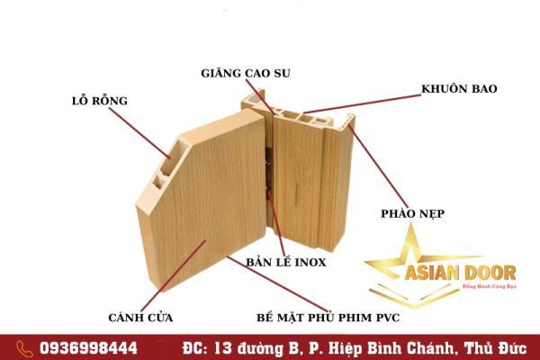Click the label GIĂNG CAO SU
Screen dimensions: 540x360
click(x=246, y=74)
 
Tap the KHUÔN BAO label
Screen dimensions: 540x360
click(x=459, y=89)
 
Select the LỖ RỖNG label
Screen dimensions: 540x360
click(x=100, y=101)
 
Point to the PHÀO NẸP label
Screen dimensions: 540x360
click(x=412, y=213)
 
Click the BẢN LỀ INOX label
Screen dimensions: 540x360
click(x=286, y=262)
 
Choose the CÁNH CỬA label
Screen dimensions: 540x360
click(x=140, y=318)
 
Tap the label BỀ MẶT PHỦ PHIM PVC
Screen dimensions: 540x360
click(x=328, y=318)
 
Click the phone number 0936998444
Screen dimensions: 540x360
click(x=88, y=348)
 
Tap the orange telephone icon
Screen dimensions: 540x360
click(x=25, y=348)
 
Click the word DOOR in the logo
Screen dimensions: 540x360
click(x=490, y=273)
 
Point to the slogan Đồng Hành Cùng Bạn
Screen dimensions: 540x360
click(x=490, y=286)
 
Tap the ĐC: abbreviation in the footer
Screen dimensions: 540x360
click(x=195, y=348)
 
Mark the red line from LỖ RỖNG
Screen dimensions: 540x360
click(x=139, y=133)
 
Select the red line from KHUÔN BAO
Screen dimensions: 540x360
click(x=363, y=104)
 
